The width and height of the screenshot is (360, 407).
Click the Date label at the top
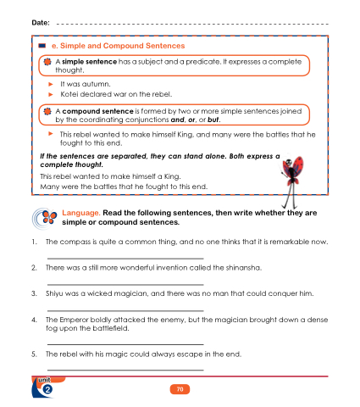pyautogui.click(x=41, y=23)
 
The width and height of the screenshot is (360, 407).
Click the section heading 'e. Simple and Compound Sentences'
pyautogui.click(x=118, y=46)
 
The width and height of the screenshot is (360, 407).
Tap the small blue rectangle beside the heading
pyautogui.click(x=42, y=46)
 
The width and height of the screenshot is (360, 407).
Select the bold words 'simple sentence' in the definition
pyautogui.click(x=89, y=62)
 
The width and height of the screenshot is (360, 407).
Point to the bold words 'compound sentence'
pyautogui.click(x=97, y=111)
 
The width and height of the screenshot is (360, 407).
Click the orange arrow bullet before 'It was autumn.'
pyautogui.click(x=51, y=84)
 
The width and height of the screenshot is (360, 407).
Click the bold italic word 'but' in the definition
pyautogui.click(x=213, y=120)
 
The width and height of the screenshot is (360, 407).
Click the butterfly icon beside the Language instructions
pyautogui.click(x=45, y=219)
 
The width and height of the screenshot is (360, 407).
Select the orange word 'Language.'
pyautogui.click(x=81, y=213)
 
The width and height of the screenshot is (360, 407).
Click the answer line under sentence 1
pyautogui.click(x=125, y=259)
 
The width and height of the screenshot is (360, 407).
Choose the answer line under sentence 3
pyautogui.click(x=125, y=310)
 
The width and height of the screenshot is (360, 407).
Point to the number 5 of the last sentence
pyautogui.click(x=34, y=354)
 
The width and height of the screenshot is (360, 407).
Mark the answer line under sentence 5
pyautogui.click(x=125, y=370)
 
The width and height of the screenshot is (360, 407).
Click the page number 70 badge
pyautogui.click(x=180, y=389)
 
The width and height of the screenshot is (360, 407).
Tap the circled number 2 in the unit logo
pyautogui.click(x=47, y=389)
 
